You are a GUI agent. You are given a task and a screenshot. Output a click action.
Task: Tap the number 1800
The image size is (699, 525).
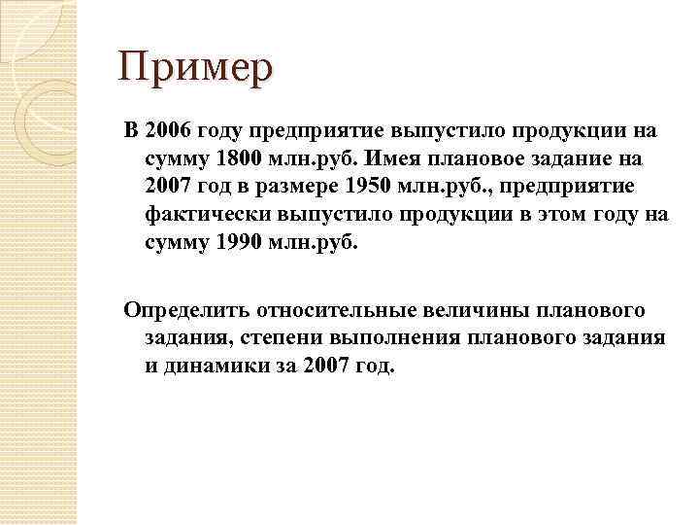(x=237, y=158)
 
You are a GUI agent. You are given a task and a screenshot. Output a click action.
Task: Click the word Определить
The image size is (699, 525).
(x=184, y=310)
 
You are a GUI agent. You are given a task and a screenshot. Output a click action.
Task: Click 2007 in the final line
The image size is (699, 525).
(x=323, y=366)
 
